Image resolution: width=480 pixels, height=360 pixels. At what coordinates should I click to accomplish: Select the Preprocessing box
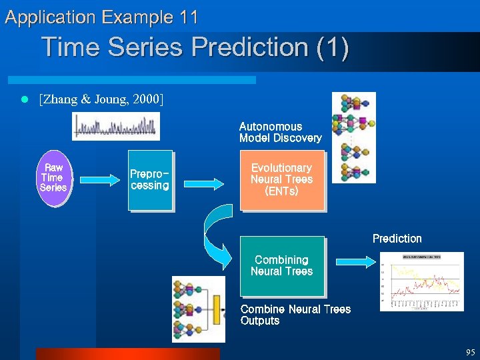(x=150, y=180)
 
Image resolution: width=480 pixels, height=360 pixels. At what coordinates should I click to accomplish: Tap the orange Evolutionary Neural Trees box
(x=281, y=180)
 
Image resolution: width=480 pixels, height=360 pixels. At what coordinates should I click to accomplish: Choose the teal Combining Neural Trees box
(x=281, y=265)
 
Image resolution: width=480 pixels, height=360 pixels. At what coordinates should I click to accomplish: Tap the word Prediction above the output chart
(x=397, y=239)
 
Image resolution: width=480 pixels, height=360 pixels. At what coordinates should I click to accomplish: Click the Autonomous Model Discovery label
(x=280, y=132)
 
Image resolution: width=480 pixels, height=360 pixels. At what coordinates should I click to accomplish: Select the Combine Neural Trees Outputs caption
(x=295, y=315)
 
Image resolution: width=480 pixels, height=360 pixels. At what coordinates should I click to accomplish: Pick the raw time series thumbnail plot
(x=116, y=126)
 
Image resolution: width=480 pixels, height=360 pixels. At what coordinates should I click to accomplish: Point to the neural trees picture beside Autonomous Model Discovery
(x=353, y=137)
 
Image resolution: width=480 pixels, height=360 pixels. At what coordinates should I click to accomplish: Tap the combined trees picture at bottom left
(x=199, y=308)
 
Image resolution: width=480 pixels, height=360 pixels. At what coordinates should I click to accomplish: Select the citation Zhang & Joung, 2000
(x=101, y=100)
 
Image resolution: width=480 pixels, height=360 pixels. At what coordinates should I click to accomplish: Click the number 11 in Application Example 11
(x=189, y=17)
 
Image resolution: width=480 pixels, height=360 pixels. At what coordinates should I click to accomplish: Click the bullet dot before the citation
(x=24, y=100)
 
